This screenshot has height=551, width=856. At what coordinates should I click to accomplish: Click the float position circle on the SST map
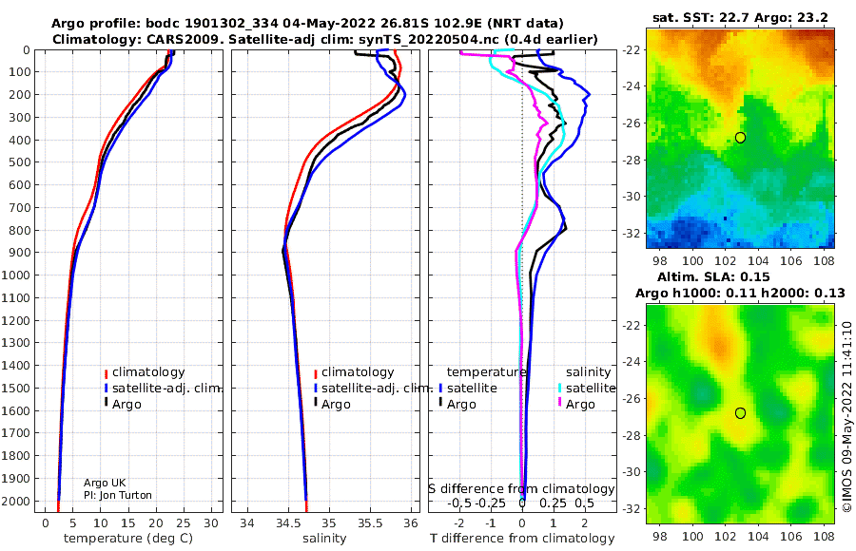[x=740, y=138]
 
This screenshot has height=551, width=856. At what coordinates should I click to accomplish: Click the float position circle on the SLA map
[x=740, y=413]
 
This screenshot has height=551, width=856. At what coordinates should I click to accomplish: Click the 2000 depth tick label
[x=17, y=502]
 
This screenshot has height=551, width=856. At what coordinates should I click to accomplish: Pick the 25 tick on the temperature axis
[x=184, y=523]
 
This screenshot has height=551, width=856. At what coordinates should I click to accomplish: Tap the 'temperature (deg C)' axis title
[x=128, y=539]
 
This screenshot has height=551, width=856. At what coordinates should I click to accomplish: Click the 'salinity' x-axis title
[x=324, y=539]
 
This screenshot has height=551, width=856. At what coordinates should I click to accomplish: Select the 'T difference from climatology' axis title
[x=522, y=539]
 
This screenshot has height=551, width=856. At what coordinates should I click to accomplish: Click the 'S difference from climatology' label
[x=521, y=488]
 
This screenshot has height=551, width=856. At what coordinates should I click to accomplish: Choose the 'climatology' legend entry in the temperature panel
[x=148, y=372]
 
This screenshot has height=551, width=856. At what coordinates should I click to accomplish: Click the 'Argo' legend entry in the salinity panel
[x=336, y=405]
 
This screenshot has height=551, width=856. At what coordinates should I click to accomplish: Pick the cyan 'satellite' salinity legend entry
[x=590, y=388]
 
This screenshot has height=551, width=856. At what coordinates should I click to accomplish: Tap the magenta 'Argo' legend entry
[x=580, y=405]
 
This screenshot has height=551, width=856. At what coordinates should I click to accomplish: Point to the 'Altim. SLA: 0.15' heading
[x=713, y=276]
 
